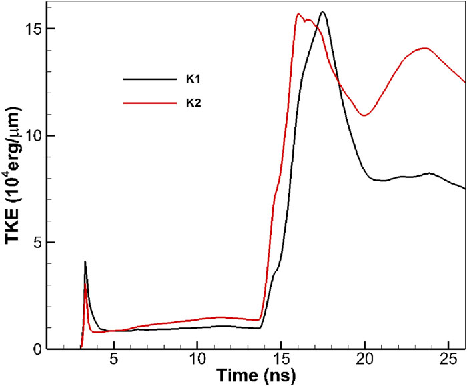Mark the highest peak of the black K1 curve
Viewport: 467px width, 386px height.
(323, 12)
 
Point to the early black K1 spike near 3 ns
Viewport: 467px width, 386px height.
(85, 262)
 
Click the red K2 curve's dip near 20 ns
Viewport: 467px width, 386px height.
(364, 115)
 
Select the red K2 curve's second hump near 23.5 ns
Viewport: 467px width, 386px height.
(424, 48)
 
